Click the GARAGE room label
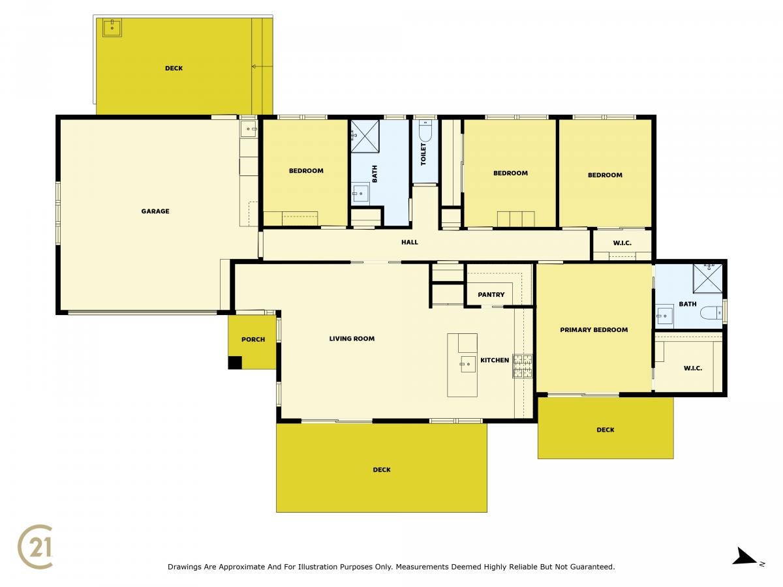point(155,211)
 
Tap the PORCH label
point(253,340)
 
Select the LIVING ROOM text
point(352,339)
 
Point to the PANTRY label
point(491,295)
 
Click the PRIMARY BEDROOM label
point(594,330)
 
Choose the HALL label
point(409,243)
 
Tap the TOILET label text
point(423,154)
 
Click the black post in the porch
point(235,363)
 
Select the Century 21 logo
point(35,547)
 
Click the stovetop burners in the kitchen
point(522,366)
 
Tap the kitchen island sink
point(468,364)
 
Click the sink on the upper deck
point(112,28)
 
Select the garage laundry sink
point(249,128)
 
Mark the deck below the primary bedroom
point(606,428)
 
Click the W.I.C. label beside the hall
point(622,243)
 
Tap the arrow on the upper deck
point(262,67)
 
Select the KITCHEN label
point(495,360)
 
